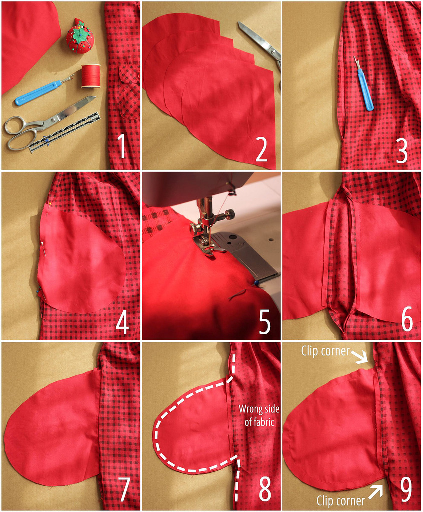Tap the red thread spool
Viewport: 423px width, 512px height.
click(x=91, y=76)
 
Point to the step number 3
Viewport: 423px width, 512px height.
click(x=402, y=151)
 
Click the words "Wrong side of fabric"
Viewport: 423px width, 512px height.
click(x=259, y=415)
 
